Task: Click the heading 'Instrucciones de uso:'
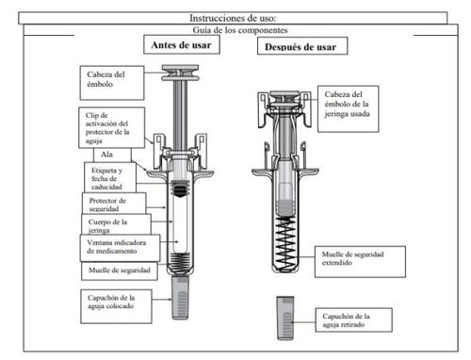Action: point(233,18)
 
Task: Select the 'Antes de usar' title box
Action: point(182,44)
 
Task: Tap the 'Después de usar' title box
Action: point(302,46)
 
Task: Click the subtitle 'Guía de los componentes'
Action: point(240,30)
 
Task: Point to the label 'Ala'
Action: point(106,155)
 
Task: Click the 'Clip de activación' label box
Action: point(111,128)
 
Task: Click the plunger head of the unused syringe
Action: point(180,73)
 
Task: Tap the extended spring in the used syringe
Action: point(285,242)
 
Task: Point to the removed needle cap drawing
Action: point(285,318)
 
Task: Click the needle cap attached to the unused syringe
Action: point(180,298)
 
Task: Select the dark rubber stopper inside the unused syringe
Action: point(180,189)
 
